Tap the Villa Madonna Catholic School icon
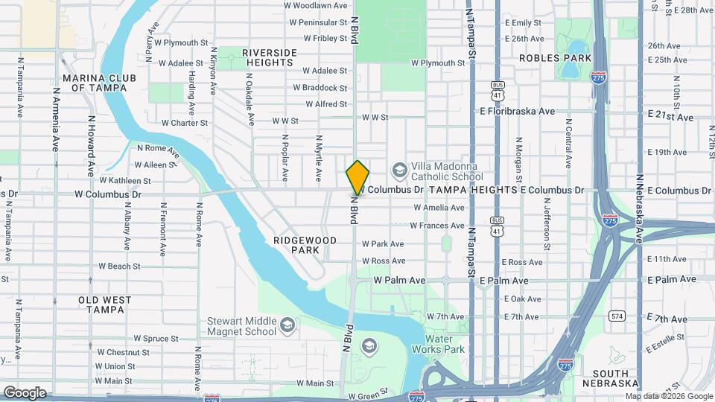point(399,170)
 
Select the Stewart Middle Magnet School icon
point(287,325)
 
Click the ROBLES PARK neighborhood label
point(555,58)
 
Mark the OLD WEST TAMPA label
point(105,304)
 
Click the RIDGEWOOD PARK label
point(305,245)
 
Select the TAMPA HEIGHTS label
point(471,190)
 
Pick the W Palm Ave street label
point(398,281)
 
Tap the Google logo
point(25,392)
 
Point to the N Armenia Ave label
point(56,121)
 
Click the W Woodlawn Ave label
point(316,5)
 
